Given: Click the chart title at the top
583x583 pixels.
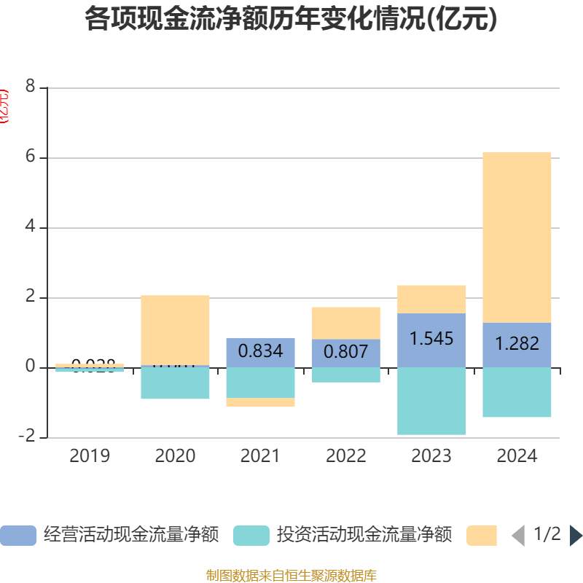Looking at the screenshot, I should point(291,20).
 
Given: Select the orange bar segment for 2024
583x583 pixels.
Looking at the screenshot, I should point(517,237).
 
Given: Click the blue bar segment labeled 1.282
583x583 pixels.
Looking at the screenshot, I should point(517,344).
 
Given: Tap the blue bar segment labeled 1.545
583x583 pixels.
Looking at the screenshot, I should point(431,340).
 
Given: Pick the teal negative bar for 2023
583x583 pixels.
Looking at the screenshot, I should point(431,401).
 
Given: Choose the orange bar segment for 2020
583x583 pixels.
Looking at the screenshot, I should point(175,330).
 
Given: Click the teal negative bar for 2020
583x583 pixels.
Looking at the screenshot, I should point(175,383).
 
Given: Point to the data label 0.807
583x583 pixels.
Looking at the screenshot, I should point(345,352).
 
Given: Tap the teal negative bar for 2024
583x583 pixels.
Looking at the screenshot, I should point(517,392).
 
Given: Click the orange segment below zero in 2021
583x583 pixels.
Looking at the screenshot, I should point(260,402).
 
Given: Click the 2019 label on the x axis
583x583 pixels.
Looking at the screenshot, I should point(90,456).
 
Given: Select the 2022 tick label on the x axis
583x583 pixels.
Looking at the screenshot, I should point(345,456).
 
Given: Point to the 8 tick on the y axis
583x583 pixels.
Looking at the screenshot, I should point(30,87).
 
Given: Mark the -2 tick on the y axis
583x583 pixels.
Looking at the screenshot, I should point(28,437).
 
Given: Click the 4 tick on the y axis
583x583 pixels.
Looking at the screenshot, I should point(30,227).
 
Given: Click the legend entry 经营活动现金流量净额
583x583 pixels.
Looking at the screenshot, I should point(109,535).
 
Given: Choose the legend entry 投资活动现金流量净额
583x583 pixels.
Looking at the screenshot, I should point(343,535).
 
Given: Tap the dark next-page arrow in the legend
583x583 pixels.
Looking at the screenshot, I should point(576,536).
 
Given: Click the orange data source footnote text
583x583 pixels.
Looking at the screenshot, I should point(291,576).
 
